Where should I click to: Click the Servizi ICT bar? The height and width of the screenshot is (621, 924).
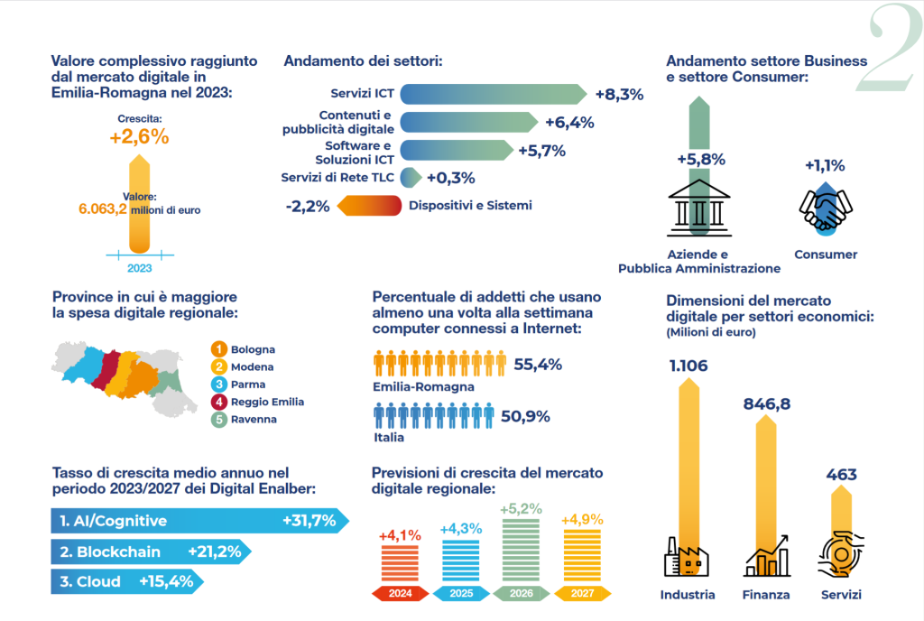point(494,94)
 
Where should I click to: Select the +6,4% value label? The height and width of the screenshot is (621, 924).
point(569,123)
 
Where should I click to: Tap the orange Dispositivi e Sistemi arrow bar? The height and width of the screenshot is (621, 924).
point(369,206)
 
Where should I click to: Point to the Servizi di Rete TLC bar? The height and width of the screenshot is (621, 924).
point(411,178)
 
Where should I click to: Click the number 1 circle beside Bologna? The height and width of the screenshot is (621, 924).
point(218,349)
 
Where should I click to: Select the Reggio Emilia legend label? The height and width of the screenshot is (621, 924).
point(267,402)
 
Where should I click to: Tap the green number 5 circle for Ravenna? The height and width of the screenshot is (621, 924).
point(218,420)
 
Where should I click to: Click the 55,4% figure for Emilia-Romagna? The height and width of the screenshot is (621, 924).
point(538,365)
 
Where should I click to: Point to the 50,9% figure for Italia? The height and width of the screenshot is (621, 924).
point(525,416)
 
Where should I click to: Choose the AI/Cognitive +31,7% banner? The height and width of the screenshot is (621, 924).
point(199,521)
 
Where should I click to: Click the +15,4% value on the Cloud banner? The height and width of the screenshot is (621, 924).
point(166,581)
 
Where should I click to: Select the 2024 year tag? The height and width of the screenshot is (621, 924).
point(400,593)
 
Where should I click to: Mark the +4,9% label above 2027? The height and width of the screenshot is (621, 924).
point(582,520)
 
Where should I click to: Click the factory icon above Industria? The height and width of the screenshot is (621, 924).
point(687,557)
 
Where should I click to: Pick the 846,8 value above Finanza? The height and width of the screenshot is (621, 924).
point(767,404)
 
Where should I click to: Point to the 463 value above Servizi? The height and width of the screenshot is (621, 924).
point(842,475)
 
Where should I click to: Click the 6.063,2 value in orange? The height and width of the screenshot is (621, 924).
point(103,209)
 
